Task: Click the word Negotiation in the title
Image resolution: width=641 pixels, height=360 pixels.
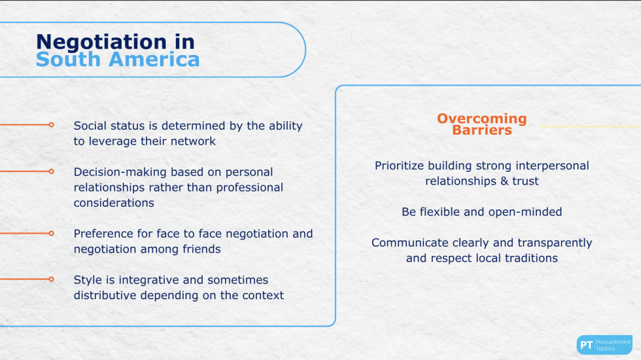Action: point(101,43)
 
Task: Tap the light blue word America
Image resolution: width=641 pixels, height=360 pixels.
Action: point(154,60)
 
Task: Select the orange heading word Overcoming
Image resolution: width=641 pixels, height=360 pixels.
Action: point(482,118)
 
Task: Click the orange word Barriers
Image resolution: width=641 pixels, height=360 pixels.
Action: point(482,130)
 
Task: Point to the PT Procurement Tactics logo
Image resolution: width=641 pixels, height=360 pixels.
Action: point(604,345)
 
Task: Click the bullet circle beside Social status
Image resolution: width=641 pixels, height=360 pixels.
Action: point(51,125)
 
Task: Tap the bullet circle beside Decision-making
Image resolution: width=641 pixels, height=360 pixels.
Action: point(51,171)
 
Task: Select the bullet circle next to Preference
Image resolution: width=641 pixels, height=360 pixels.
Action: point(51,233)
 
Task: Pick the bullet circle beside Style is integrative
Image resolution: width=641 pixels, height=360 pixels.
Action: point(51,279)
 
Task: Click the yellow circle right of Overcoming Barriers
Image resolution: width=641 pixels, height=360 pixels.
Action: point(544,126)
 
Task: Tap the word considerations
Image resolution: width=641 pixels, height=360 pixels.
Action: point(114,203)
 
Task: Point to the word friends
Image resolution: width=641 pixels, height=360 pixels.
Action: point(201,249)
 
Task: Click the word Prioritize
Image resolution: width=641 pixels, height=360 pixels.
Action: point(400,166)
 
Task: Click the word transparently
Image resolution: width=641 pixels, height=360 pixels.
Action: point(555,243)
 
